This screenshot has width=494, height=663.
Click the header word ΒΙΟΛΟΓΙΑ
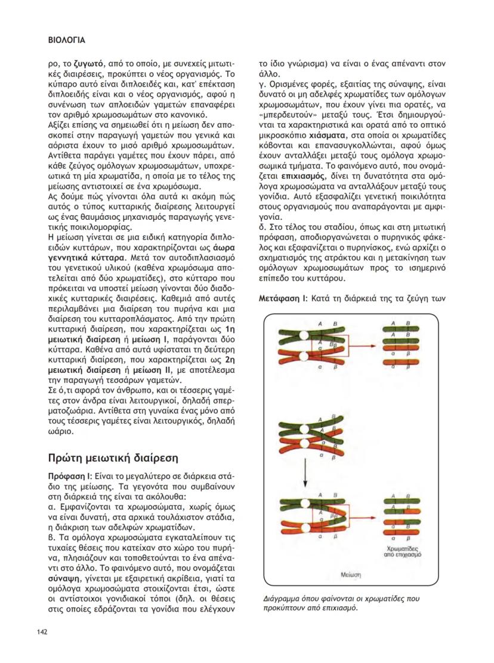click(x=66, y=41)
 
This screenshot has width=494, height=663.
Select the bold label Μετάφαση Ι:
click(x=280, y=297)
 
